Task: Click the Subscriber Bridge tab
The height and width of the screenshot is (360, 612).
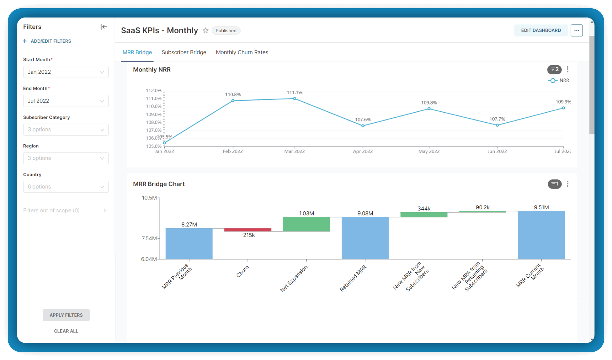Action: click(184, 52)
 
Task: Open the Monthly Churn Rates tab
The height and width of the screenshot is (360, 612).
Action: click(242, 52)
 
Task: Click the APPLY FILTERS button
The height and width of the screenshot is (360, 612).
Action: click(66, 315)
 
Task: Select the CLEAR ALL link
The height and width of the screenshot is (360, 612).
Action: click(66, 331)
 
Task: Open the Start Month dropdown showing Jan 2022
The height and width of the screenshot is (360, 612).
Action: click(66, 72)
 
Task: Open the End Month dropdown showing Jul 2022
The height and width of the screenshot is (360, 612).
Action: click(66, 101)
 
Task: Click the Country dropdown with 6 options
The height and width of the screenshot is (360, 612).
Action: click(66, 187)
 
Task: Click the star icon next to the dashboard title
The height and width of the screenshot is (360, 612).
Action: click(205, 30)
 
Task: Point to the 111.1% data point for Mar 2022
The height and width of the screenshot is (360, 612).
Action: click(295, 99)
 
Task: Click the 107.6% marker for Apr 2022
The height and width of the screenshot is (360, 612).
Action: click(363, 126)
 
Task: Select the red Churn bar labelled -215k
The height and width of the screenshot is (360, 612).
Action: click(248, 230)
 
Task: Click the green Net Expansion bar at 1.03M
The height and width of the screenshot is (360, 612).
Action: click(306, 224)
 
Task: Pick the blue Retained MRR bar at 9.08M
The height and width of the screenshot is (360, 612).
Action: click(365, 238)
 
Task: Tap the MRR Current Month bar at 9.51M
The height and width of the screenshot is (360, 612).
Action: click(541, 235)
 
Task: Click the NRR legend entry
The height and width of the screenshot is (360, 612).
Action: click(559, 80)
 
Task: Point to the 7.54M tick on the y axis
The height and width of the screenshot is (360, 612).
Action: click(149, 238)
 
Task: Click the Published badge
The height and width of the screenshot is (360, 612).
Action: click(226, 31)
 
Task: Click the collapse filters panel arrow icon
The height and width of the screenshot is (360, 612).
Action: click(104, 27)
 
